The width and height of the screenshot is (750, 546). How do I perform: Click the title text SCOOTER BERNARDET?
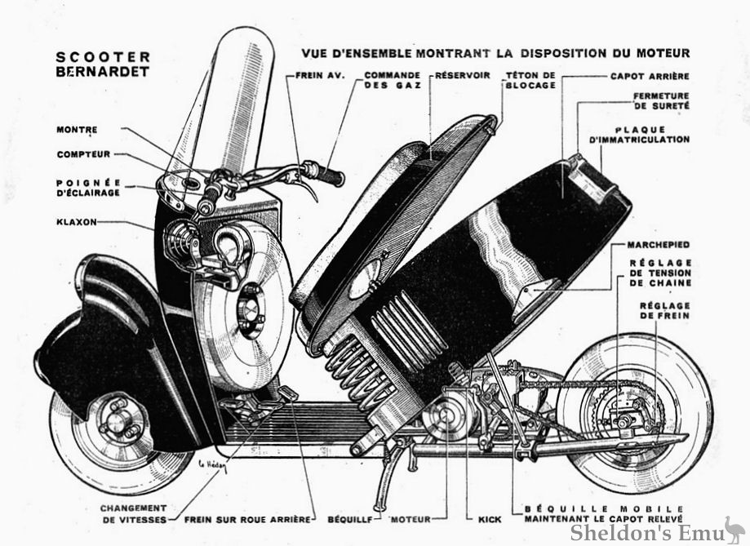[x=103, y=64]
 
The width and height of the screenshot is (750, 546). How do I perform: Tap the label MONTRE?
[x=78, y=130]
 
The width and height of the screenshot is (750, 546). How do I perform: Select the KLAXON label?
[x=78, y=221]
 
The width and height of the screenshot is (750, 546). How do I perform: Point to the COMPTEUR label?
[x=83, y=154]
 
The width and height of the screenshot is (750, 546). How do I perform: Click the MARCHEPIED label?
[x=658, y=244]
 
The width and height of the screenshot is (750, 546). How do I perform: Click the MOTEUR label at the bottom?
[x=411, y=518]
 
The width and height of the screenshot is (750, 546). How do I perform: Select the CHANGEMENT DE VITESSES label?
[x=133, y=513]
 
